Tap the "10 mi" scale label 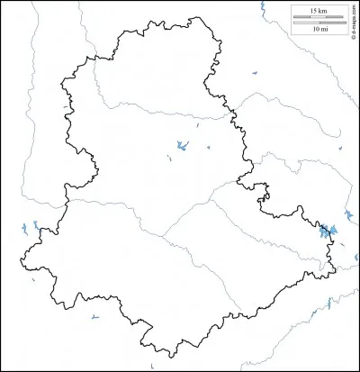pos(319,30)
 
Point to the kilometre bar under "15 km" pos(319,17)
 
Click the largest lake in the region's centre pos(181,146)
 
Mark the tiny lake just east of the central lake pos(209,148)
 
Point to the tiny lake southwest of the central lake pos(169,160)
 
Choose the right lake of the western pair pos(40,229)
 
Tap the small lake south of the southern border pos(94,317)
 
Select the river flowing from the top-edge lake pos(270,36)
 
